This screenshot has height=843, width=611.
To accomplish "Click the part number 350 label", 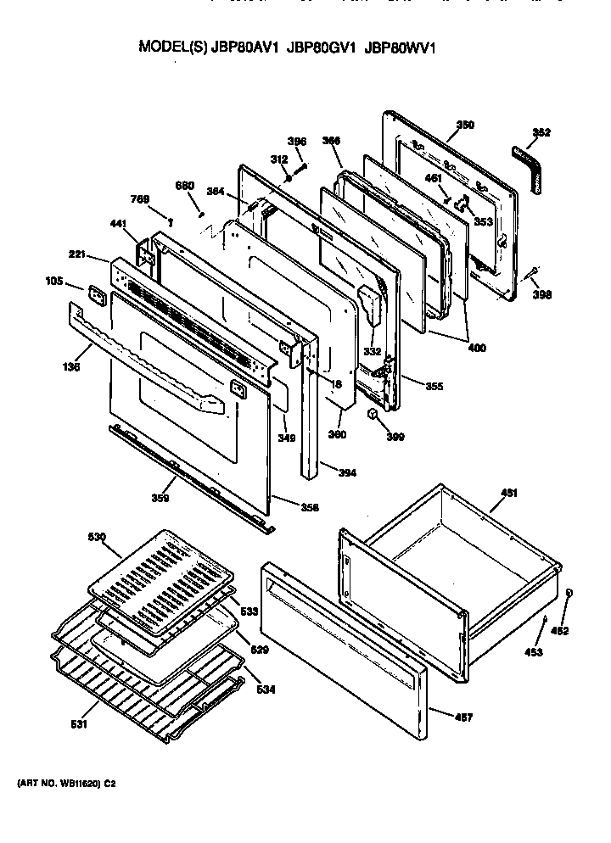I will point(465,126).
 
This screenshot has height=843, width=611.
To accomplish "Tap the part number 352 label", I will point(541,132).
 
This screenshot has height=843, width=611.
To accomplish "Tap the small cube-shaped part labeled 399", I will point(371,413).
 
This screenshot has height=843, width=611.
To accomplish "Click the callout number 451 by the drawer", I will point(508,493).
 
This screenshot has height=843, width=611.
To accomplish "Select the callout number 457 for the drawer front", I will point(463,717).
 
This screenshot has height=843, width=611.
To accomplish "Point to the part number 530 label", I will point(97,537).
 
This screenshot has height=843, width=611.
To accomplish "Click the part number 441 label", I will point(118,223).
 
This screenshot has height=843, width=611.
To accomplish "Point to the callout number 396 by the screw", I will point(296,141).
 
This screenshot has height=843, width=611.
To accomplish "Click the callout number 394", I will point(348,472).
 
